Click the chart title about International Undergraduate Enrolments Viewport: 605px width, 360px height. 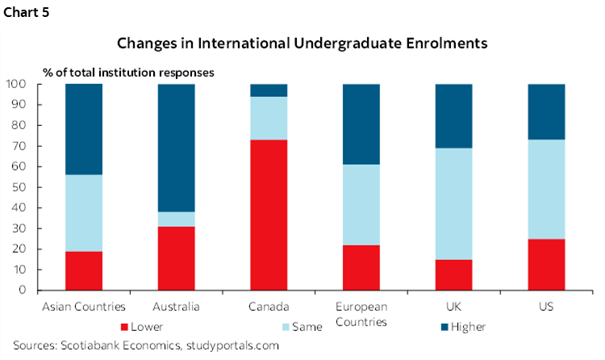pyautogui.click(x=302, y=43)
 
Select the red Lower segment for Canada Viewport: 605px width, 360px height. pyautogui.click(x=269, y=215)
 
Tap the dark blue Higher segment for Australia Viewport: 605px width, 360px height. pyautogui.click(x=177, y=148)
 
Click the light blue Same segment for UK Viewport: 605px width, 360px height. pyautogui.click(x=453, y=203)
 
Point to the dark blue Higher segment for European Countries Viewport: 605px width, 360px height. pyautogui.click(x=361, y=123)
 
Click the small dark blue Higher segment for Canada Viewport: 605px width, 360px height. pyautogui.click(x=269, y=90)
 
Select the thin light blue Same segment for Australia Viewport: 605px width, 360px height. pyautogui.click(x=177, y=219)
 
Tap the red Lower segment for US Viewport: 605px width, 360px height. pyautogui.click(x=545, y=264)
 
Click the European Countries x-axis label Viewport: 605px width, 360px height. pyautogui.click(x=361, y=313)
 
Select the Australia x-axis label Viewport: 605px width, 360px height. pyautogui.click(x=177, y=308)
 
